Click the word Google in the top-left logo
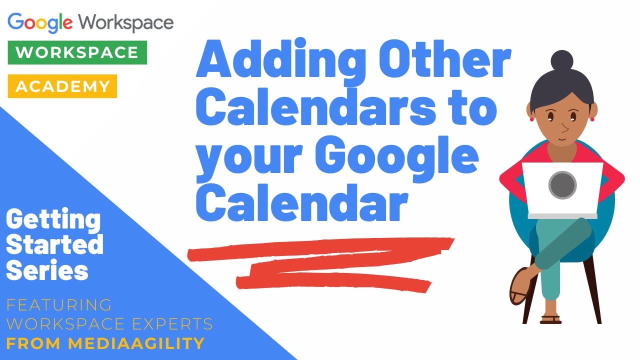coord(40,22)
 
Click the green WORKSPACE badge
coord(77,53)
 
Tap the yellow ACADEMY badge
coord(62,86)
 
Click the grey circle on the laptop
coord(562,185)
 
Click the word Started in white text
coord(55,245)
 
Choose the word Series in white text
coord(47,271)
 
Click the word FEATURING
coord(59,305)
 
